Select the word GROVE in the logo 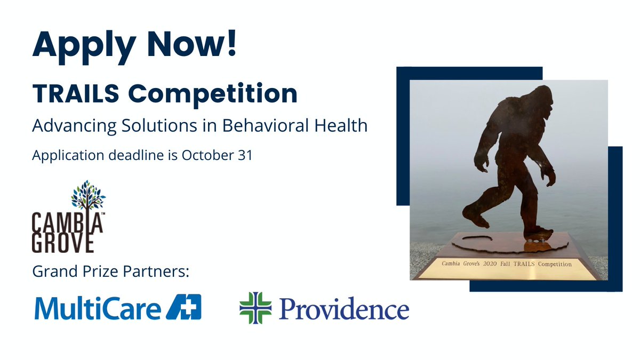(x=63, y=241)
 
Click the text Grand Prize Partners (x=110, y=271)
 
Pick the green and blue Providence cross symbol (x=255, y=308)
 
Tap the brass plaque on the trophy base (x=507, y=264)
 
